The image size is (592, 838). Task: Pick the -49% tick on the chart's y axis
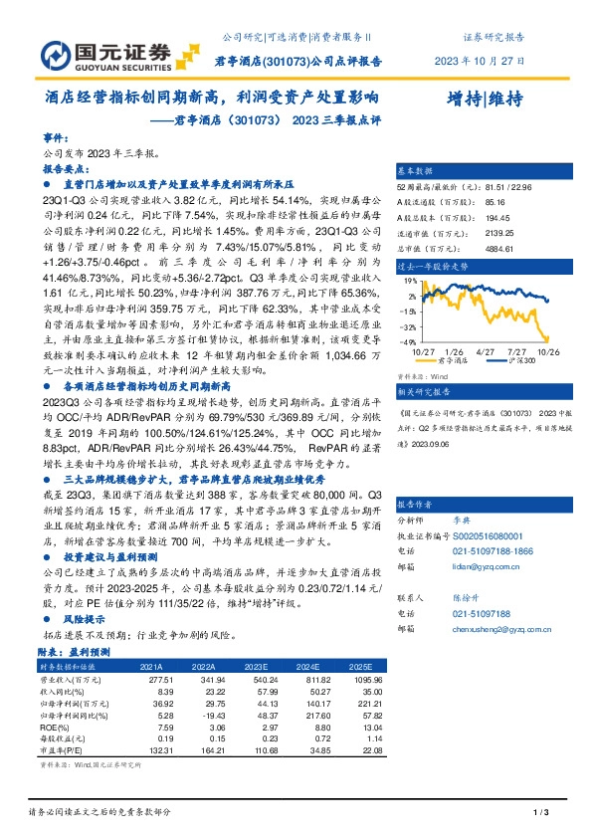tap(407, 341)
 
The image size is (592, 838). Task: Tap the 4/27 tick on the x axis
tap(486, 352)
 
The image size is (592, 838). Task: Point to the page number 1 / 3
tap(541, 814)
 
